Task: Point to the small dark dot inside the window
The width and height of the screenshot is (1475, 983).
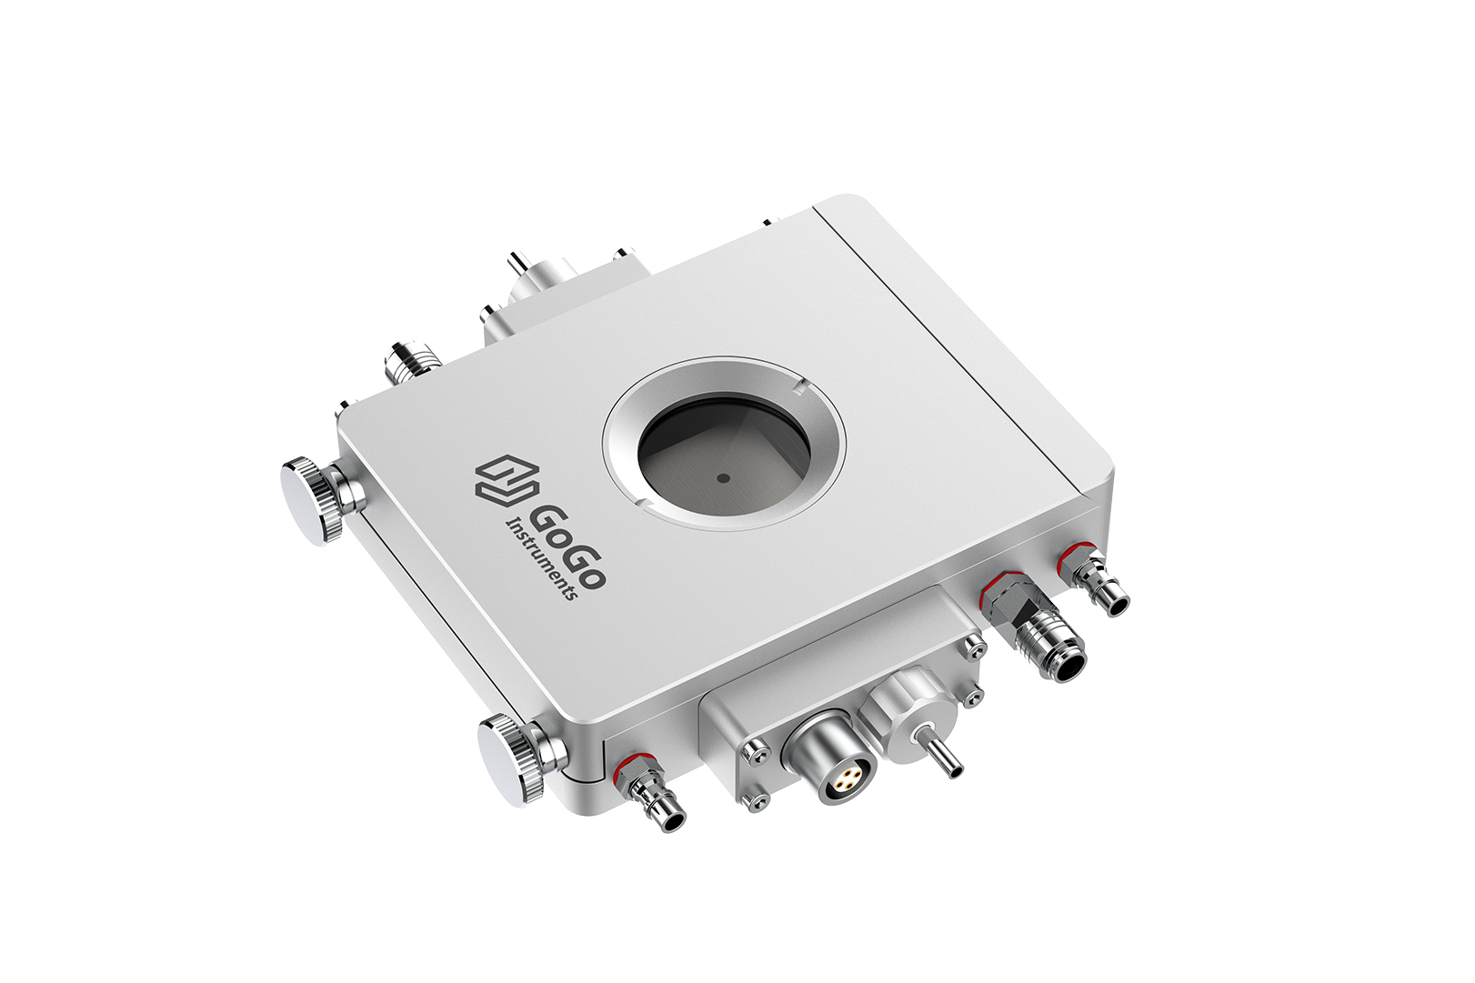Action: [724, 478]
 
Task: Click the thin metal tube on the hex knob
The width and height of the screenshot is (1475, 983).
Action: [940, 757]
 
